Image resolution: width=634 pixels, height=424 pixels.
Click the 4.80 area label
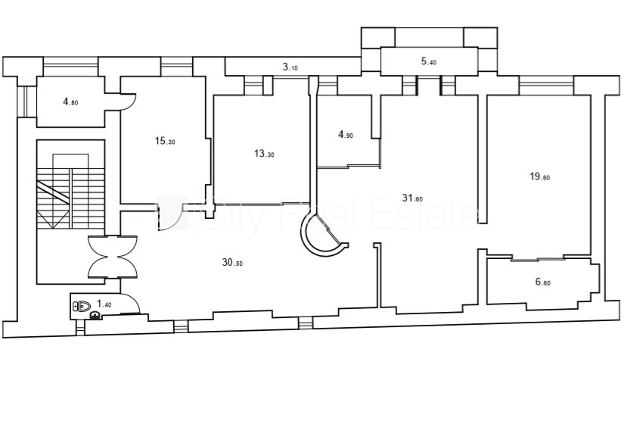point(70,102)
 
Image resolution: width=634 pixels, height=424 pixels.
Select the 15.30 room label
point(165,141)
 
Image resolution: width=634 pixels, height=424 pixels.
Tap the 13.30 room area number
point(264,154)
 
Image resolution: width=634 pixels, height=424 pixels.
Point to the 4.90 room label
point(346,134)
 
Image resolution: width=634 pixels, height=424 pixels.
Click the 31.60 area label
point(412,198)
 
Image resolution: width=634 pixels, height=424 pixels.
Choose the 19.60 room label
point(539,176)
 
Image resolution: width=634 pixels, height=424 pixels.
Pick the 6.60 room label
point(542,282)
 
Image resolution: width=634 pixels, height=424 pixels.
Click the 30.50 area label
point(232,263)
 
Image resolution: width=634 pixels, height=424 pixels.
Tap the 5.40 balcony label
point(429,61)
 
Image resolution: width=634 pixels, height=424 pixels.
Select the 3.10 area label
point(290,67)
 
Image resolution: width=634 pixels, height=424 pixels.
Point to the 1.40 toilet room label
point(104,304)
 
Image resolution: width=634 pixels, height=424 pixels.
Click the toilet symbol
point(82,306)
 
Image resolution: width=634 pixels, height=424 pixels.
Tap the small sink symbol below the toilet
point(95,314)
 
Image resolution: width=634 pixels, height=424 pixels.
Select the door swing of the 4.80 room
point(128,102)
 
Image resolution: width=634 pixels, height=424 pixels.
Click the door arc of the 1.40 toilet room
point(131,303)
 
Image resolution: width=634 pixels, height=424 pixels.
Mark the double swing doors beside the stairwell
point(113,257)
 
